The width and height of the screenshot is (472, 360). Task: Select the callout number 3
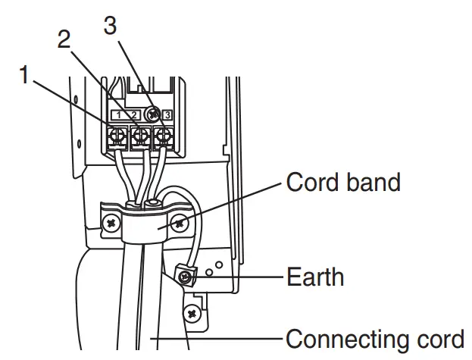pos(110,26)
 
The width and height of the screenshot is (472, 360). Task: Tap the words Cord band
pos(342,183)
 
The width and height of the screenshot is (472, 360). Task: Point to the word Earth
pos(314,277)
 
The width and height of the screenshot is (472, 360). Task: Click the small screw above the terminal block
pos(152,114)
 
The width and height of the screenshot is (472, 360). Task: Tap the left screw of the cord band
pos(111,224)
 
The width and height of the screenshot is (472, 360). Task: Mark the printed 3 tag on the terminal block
pos(167,115)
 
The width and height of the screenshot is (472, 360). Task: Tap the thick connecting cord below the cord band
pos(140,303)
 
